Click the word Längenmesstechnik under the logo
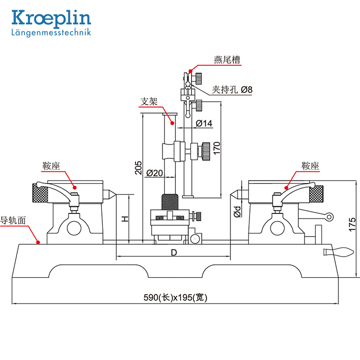(x=51, y=32)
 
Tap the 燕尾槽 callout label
(x=227, y=59)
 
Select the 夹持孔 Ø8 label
(x=232, y=89)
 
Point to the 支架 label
(x=149, y=101)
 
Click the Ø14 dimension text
(x=204, y=123)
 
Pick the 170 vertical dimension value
(x=217, y=148)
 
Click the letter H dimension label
(x=124, y=219)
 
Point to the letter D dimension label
(x=174, y=253)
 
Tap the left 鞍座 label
(x=51, y=166)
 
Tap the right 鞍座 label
(x=311, y=166)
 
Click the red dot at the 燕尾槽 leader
(x=190, y=70)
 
